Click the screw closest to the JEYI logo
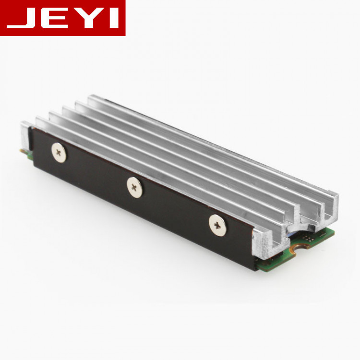[x=59, y=153]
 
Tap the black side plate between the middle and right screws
[x=175, y=211]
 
